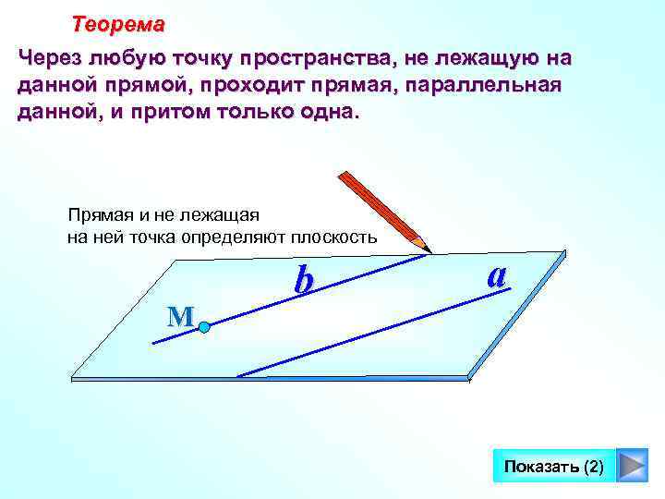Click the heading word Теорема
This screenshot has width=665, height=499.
point(118,23)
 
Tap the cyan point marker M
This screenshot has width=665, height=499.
point(204,326)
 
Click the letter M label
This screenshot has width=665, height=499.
point(179,317)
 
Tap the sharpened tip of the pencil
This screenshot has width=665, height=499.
point(428,249)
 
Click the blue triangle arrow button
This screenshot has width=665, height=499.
point(632,466)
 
